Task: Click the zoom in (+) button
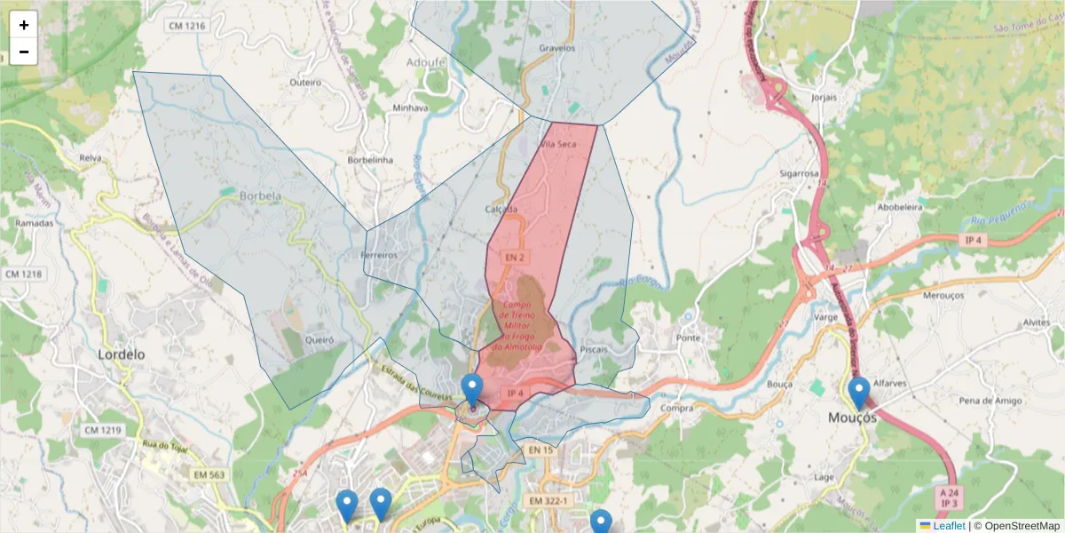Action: (24, 25)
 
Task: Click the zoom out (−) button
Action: (24, 52)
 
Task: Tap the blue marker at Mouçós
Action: (858, 393)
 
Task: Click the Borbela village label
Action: (260, 196)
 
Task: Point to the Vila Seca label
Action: (558, 144)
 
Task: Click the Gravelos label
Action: (557, 48)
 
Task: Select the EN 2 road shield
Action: (516, 257)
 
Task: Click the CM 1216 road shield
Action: (186, 26)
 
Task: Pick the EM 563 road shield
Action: (209, 475)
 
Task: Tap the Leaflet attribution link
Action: (949, 526)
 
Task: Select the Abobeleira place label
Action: (900, 206)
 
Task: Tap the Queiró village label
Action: (319, 339)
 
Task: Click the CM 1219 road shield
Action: (103, 430)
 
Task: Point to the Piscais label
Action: (594, 349)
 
